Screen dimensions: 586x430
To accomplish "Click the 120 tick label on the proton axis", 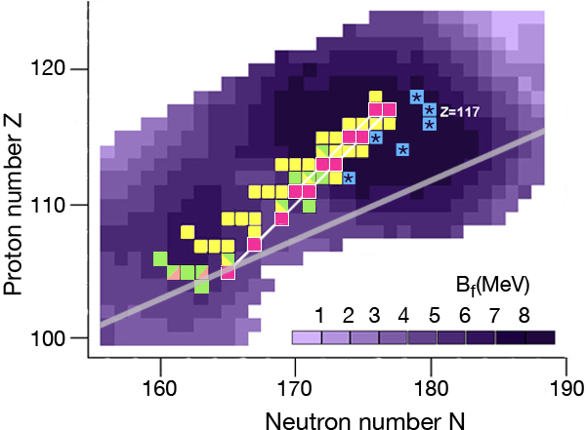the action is pyautogui.click(x=48, y=69).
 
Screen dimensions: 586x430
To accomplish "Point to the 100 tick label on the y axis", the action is pyautogui.click(x=48, y=339).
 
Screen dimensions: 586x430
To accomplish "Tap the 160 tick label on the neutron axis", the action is pyautogui.click(x=160, y=389).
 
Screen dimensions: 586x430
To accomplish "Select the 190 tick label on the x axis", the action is pyautogui.click(x=567, y=389).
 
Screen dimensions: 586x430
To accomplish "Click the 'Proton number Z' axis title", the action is pyautogui.click(x=14, y=204).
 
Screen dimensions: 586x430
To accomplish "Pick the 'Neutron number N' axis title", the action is pyautogui.click(x=365, y=421).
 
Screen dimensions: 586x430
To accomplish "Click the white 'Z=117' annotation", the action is pyautogui.click(x=459, y=111).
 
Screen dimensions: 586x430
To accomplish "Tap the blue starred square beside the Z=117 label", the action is pyautogui.click(x=430, y=110).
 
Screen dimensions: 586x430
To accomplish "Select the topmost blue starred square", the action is pyautogui.click(x=416, y=98).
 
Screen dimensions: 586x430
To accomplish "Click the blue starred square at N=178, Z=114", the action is pyautogui.click(x=402, y=150).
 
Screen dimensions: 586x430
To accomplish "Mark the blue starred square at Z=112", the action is pyautogui.click(x=349, y=178).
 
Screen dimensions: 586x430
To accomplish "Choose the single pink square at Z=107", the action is pyautogui.click(x=255, y=245).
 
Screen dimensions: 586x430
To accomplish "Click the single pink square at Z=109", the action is pyautogui.click(x=282, y=218).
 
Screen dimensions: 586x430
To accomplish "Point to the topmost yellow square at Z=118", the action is pyautogui.click(x=376, y=97).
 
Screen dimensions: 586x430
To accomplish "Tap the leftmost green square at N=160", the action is pyautogui.click(x=160, y=258).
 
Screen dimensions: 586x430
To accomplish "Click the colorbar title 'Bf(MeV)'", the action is pyautogui.click(x=492, y=287).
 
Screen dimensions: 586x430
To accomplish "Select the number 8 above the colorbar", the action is pyautogui.click(x=523, y=316).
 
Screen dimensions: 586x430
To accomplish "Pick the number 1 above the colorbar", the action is pyautogui.click(x=318, y=316).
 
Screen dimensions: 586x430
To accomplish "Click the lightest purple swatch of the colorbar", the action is pyautogui.click(x=307, y=337).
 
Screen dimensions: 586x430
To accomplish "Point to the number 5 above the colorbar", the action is pyautogui.click(x=434, y=316).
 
